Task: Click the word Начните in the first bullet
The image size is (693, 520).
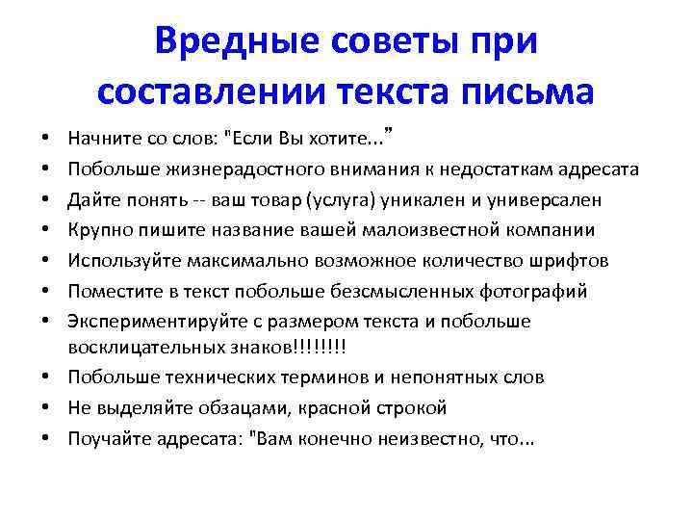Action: (100, 139)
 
